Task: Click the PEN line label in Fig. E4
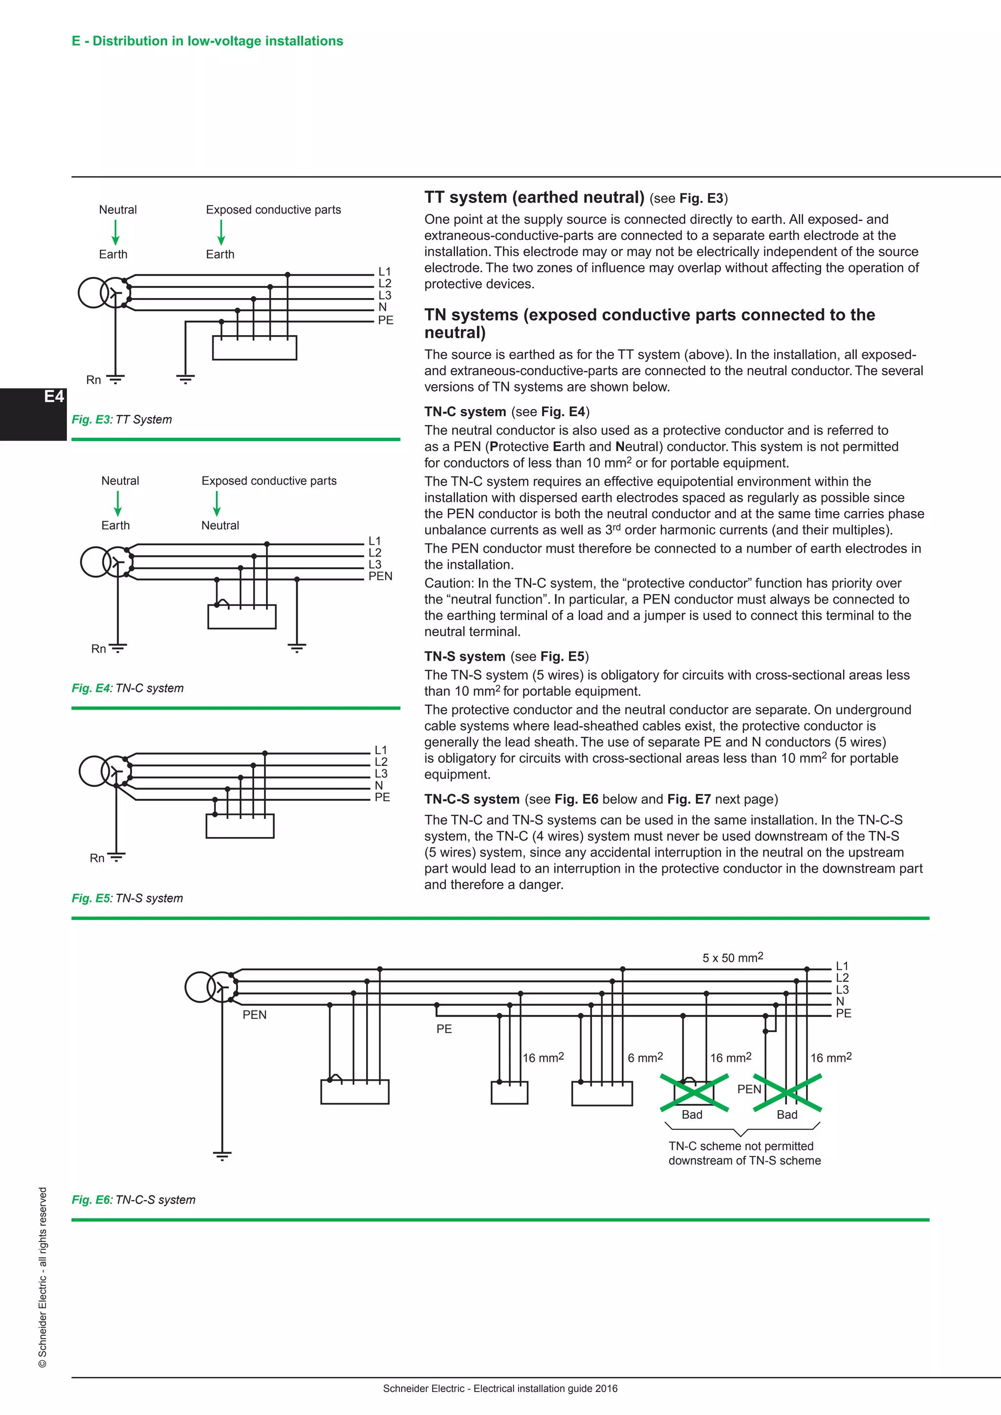coord(380,576)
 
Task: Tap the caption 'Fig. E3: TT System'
coord(121,419)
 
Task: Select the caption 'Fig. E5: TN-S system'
coord(127,898)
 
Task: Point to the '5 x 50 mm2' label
coord(732,957)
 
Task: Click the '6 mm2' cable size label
coord(645,1057)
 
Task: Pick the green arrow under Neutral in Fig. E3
coord(115,233)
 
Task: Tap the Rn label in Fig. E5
coord(97,858)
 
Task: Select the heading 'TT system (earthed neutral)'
coord(534,197)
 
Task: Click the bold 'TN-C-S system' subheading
coord(472,799)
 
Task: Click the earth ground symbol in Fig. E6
coord(222,1155)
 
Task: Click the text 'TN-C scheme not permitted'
coord(740,1146)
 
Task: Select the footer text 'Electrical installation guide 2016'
coord(545,1388)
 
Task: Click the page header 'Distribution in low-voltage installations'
coord(217,41)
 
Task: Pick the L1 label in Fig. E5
coord(380,750)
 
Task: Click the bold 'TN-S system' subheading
coord(464,656)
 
